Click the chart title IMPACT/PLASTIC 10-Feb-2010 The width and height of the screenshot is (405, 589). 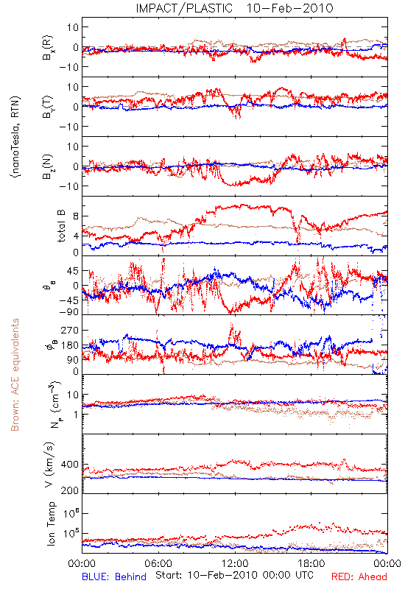pos(234,8)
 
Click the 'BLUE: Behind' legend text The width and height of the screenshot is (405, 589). pos(114,576)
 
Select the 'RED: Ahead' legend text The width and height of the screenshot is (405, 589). pos(359,576)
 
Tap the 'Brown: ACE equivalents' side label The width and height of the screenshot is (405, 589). pos(15,375)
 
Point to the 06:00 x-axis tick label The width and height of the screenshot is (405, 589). pos(158,563)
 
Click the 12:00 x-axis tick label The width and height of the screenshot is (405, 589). pos(235,563)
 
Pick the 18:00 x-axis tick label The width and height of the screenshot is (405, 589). pos(311,563)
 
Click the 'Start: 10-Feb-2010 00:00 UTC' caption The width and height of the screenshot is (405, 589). pos(234,575)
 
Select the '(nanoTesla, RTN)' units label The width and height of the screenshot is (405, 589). pos(15,137)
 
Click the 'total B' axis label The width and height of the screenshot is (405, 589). pos(61,226)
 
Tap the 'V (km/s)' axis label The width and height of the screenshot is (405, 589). pos(49,465)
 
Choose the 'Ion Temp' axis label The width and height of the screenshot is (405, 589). pos(51,523)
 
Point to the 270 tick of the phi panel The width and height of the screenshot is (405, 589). pos(70,330)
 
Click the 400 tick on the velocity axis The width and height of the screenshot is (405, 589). pos(70,465)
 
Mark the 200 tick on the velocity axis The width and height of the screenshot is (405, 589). pos(70,490)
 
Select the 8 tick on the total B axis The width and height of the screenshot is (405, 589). pos(76,216)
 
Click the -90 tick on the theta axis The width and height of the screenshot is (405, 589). pos(69,312)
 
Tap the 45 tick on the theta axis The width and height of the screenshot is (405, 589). pos(73,271)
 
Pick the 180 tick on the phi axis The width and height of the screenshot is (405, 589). pos(70,345)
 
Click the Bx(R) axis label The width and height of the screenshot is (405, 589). pos(48,48)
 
